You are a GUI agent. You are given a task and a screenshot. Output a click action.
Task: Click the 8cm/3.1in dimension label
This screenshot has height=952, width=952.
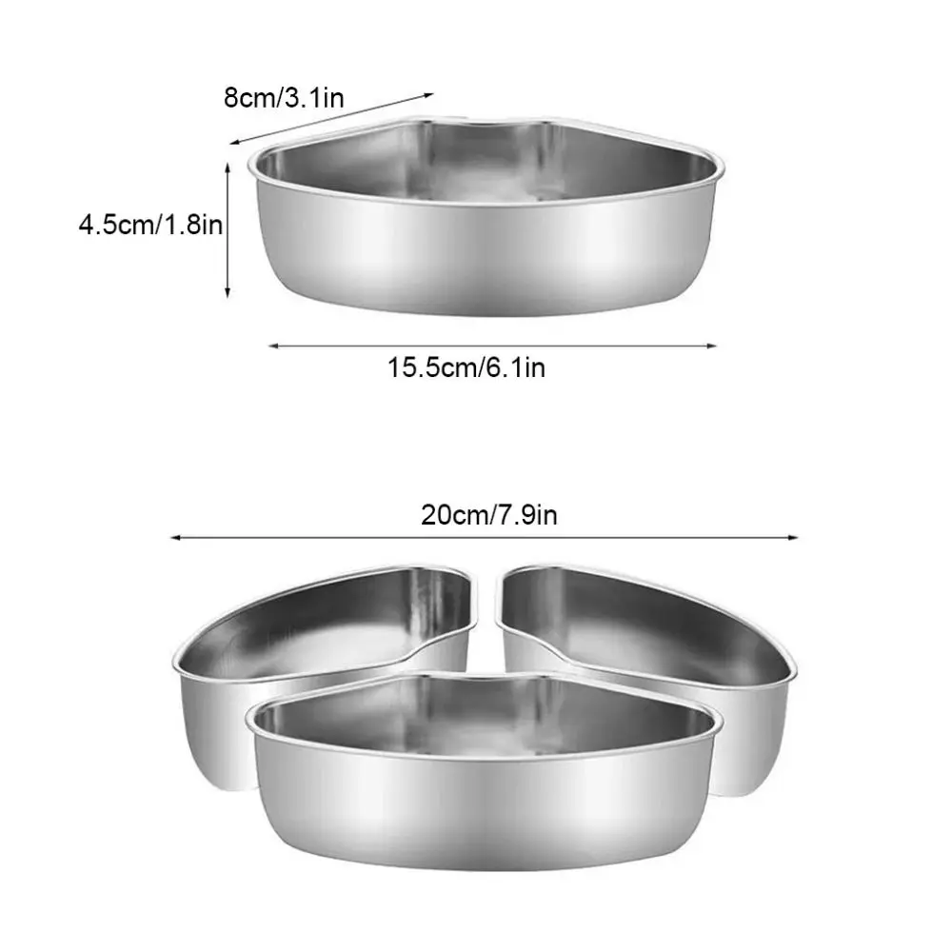point(283,98)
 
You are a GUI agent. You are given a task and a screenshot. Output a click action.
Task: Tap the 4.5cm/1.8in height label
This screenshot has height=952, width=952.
point(152,226)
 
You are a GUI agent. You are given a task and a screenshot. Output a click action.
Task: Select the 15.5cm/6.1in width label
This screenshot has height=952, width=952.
point(466,367)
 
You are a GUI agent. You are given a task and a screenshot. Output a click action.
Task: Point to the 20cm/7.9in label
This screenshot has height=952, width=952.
point(489,515)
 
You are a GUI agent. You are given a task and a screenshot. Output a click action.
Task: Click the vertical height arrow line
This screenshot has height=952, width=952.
point(228,228)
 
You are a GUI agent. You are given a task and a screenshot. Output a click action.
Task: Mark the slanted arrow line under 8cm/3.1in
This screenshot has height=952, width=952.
point(332,118)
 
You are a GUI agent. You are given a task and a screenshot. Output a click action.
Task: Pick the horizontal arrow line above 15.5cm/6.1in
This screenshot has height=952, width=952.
point(491,347)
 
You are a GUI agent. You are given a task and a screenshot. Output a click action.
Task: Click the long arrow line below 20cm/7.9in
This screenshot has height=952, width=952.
point(485,537)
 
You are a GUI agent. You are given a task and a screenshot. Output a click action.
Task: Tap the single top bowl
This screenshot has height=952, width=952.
point(486,228)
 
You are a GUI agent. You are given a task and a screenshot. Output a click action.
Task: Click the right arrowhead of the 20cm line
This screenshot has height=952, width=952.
point(794,537)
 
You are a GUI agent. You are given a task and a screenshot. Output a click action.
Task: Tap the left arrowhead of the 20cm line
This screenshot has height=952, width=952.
point(175,537)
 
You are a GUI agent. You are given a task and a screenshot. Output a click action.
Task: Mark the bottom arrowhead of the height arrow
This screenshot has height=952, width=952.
point(228,292)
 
